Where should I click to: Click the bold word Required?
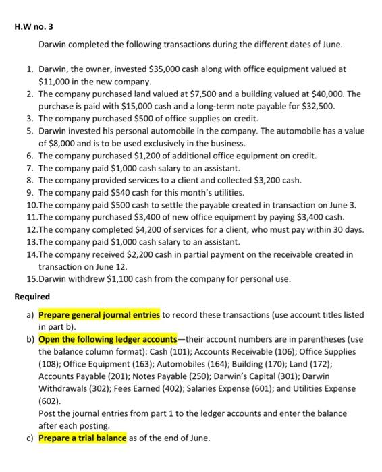[32, 297]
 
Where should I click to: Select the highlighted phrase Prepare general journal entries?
[99, 315]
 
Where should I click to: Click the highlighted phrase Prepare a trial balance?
[82, 438]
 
